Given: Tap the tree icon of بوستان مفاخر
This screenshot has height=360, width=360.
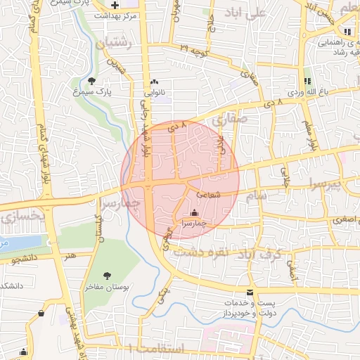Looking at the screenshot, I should click(107, 276).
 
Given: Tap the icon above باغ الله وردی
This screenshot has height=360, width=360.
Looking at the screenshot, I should click(307, 82).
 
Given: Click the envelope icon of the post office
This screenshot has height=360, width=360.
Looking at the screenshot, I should click(250, 292).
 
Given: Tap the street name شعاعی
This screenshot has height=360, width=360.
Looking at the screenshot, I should click(209, 194).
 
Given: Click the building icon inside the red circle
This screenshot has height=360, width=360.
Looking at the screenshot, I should click(194, 212).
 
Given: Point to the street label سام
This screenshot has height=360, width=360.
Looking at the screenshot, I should click(257, 198).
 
